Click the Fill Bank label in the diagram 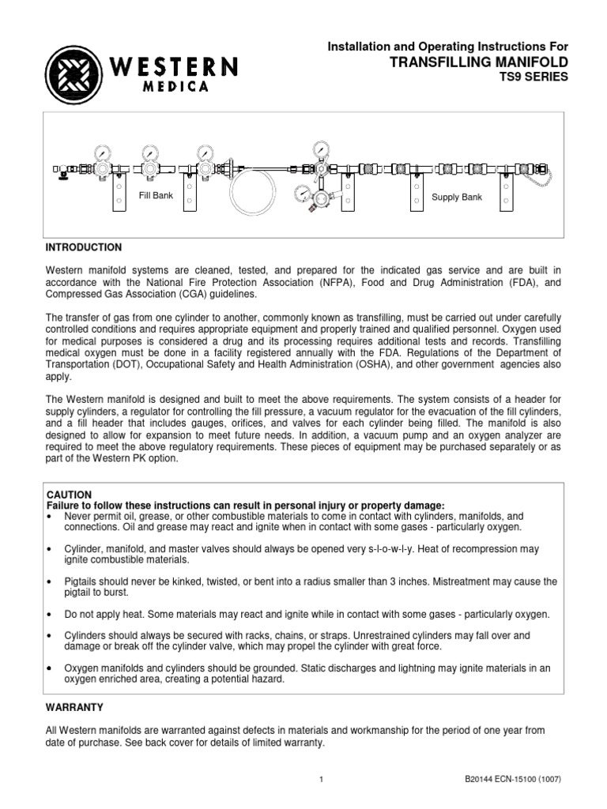(x=156, y=194)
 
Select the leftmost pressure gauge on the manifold (x=104, y=150)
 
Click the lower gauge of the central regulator (x=303, y=194)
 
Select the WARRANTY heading (x=75, y=706)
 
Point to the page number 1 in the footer (x=322, y=781)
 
